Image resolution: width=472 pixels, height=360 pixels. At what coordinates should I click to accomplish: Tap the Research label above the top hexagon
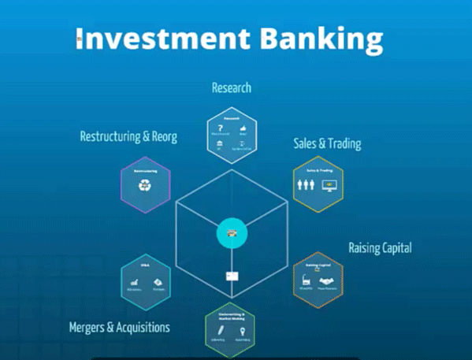click(232, 88)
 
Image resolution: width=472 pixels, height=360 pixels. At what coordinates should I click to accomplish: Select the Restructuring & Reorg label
click(128, 136)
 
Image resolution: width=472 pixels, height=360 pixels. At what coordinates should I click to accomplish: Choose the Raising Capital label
click(380, 247)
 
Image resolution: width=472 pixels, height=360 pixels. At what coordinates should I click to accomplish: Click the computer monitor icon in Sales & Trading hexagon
click(329, 187)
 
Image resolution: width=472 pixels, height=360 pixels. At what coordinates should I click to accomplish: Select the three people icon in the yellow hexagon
click(306, 187)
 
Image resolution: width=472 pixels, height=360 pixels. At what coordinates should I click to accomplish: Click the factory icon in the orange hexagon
click(306, 280)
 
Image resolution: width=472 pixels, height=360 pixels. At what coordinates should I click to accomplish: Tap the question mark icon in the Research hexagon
click(220, 128)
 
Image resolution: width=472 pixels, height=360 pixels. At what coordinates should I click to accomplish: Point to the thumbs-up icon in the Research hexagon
click(243, 128)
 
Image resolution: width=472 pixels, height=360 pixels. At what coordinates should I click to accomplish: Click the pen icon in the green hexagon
click(219, 332)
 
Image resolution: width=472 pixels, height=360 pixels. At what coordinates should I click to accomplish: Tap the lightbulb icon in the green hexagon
click(242, 331)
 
